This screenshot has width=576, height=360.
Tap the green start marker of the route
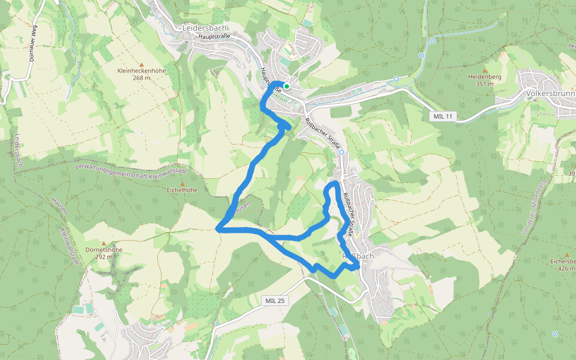click(x=287, y=86)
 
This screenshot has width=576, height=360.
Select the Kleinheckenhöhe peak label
click(x=142, y=71)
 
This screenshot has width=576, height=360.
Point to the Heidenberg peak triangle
click(x=485, y=71)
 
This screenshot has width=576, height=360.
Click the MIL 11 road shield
click(x=444, y=116)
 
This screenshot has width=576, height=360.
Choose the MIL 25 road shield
click(x=274, y=300)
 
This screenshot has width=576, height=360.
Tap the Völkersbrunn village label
click(x=549, y=94)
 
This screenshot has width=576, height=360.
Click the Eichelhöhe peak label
click(x=182, y=190)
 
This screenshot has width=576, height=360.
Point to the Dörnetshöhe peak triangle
click(x=104, y=243)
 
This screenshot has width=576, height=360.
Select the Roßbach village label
click(x=358, y=256)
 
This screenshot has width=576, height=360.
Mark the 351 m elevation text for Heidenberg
click(x=485, y=84)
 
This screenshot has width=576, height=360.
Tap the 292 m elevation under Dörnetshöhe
click(x=104, y=257)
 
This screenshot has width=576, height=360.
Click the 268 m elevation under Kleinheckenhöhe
click(x=142, y=77)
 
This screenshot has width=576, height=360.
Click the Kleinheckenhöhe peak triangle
click(x=142, y=64)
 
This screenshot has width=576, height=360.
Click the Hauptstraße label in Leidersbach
click(x=215, y=37)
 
